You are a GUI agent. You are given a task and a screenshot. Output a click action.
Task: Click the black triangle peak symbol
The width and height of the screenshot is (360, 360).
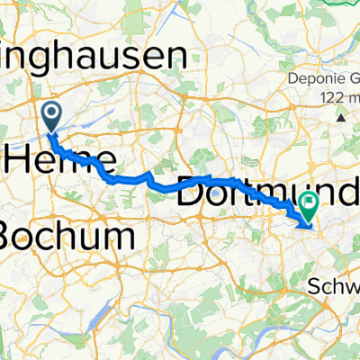click(x=342, y=117)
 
